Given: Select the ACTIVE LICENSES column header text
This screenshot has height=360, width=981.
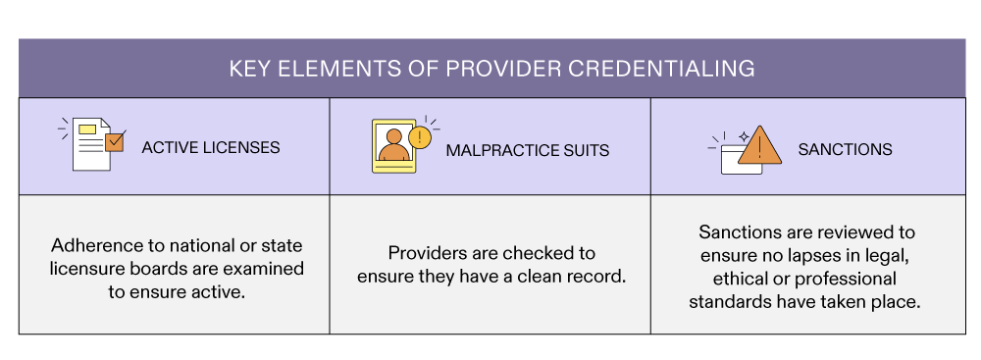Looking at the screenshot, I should (211, 148).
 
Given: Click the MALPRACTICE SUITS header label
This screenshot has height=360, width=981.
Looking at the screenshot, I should (528, 150).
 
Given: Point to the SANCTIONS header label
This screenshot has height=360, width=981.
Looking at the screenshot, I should (845, 150).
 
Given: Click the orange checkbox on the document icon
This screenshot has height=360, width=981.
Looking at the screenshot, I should (115, 142).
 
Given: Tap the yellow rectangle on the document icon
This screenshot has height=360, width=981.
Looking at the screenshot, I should (87, 129).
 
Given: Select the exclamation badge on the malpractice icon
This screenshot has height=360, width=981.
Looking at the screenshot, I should (420, 136).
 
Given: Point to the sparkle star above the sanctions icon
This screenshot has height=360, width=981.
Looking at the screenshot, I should (743, 132).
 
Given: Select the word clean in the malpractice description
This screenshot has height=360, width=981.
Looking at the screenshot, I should (539, 277).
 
